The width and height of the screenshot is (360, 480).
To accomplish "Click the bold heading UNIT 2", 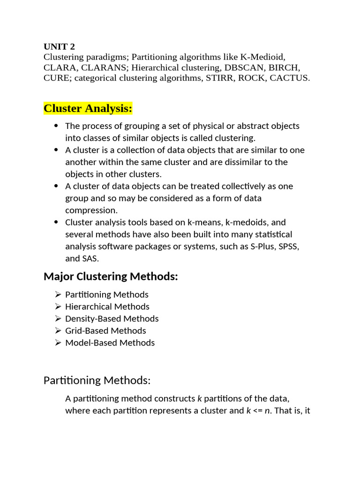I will click(59, 46).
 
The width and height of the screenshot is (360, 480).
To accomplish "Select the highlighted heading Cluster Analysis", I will click(88, 109).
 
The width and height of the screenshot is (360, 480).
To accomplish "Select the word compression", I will click(91, 210).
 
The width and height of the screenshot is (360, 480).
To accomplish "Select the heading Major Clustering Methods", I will click(111, 277).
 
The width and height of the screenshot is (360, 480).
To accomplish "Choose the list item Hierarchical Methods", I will click(107, 307).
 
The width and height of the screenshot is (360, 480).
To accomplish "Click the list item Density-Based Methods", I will click(112, 319).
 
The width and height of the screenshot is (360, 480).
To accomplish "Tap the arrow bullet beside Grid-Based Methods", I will click(58, 331).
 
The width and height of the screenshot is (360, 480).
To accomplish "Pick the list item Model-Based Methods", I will click(110, 343).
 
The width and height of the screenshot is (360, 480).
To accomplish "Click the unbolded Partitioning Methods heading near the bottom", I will click(97, 380).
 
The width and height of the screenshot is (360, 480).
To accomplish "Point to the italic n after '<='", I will click(267, 411).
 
